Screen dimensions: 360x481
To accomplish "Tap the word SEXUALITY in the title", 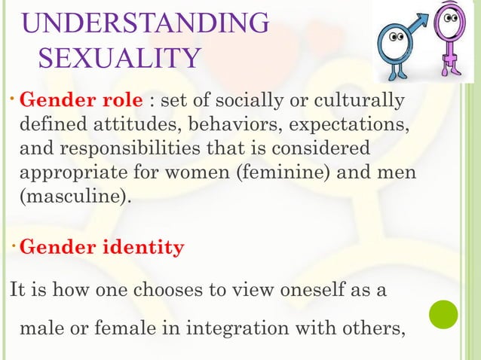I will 119,58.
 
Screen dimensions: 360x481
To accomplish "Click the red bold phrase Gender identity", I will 102,248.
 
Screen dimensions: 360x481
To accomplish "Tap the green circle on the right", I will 443,315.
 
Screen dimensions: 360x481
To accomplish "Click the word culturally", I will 361,100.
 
